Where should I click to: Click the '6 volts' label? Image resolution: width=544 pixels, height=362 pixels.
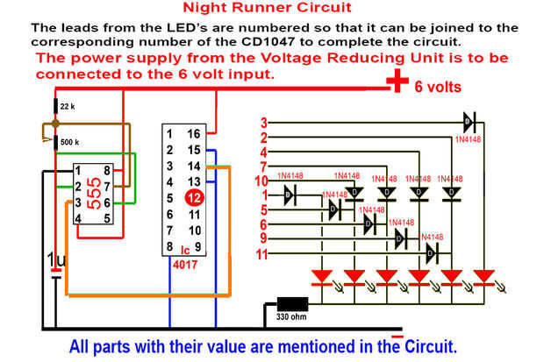click(x=438, y=87)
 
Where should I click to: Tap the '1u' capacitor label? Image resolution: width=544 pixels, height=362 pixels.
click(x=55, y=260)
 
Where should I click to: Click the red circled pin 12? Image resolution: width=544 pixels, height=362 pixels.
click(x=195, y=198)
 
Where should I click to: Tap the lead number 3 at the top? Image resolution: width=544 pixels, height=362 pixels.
click(x=263, y=123)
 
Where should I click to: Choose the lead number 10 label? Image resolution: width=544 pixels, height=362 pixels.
click(x=261, y=181)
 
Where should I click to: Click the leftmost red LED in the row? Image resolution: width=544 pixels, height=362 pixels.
click(x=321, y=278)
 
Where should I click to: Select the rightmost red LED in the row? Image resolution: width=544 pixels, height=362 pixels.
click(x=484, y=278)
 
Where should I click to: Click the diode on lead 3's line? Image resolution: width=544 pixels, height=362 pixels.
click(x=469, y=122)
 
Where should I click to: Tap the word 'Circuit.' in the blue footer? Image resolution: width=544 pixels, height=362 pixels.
click(x=430, y=345)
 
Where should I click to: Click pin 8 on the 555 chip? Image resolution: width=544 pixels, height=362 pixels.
click(x=106, y=170)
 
